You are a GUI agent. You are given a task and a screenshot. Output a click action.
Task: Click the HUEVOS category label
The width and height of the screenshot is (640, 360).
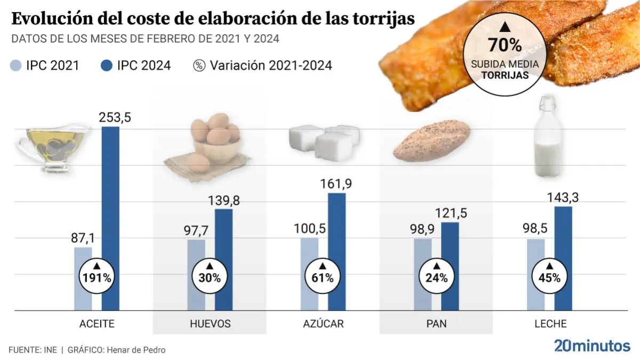(x=210, y=324)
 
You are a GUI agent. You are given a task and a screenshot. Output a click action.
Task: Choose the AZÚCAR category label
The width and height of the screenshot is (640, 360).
(x=324, y=324)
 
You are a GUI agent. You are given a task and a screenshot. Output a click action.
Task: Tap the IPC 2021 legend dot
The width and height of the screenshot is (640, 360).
(x=17, y=66)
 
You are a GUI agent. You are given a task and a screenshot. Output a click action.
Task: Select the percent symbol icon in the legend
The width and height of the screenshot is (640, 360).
(x=199, y=66)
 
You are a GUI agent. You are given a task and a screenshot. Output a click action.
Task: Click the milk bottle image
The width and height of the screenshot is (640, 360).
(x=547, y=133)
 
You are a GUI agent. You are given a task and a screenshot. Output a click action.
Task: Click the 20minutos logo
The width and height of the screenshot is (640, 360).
(x=592, y=346)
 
